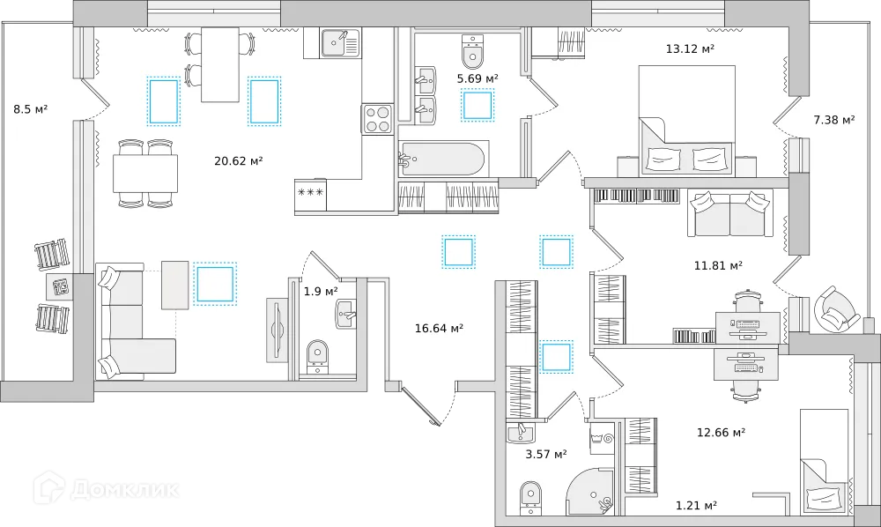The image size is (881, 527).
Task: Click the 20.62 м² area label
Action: (238, 161)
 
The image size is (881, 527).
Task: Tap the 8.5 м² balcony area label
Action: (30, 109)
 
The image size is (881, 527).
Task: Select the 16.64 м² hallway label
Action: (439, 329)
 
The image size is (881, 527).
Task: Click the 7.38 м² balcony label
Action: (833, 120)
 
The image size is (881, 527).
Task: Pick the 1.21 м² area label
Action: (696, 505)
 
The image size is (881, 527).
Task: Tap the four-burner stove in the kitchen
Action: (378, 119)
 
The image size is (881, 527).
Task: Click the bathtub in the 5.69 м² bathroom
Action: (441, 160)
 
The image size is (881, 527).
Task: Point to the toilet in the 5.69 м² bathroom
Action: (473, 52)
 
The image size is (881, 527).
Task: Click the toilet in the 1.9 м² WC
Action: (316, 355)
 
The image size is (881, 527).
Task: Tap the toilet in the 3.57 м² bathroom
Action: (529, 495)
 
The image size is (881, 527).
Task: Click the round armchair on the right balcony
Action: (834, 309)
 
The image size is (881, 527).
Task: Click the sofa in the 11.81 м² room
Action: (729, 213)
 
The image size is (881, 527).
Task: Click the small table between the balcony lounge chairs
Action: (60, 286)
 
